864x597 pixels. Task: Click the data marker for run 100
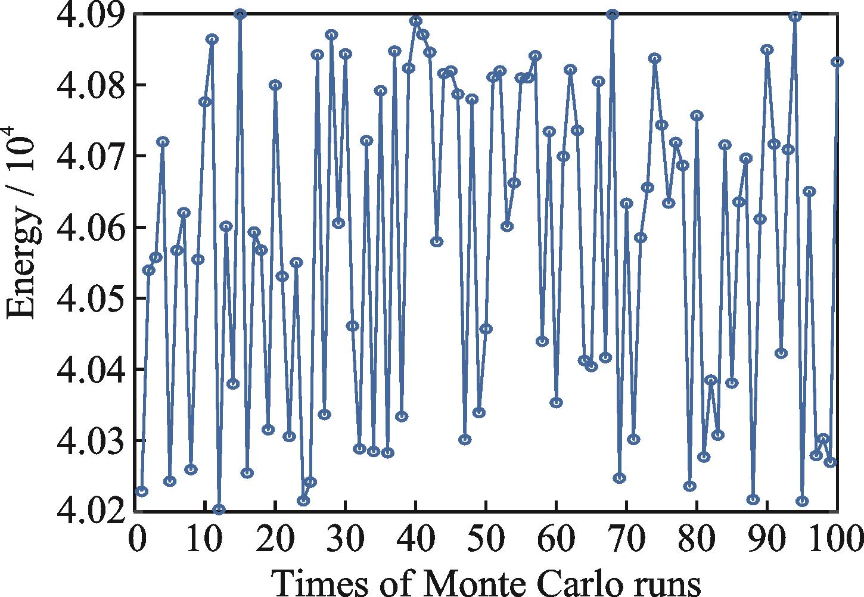pos(837,61)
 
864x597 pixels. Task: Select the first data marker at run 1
pos(142,492)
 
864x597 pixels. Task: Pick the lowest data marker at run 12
pos(219,510)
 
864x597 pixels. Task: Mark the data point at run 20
pos(275,85)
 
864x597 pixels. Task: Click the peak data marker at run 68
pos(613,14)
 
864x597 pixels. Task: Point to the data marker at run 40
pos(416,21)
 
